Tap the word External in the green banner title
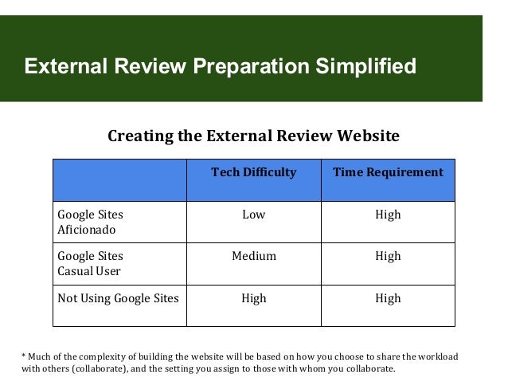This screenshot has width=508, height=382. pos(65,65)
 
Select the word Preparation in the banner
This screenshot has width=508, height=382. pos(246,65)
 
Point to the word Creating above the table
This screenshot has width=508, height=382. pos(140,136)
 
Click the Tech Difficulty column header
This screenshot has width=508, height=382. pos(253,172)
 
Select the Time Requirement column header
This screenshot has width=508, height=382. pos(388,172)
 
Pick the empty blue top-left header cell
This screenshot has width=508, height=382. pos(119,179)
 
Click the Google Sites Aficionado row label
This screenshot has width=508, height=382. pos(90,223)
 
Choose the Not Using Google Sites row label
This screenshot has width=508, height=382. pos(118,299)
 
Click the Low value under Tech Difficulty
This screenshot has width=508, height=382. pos(253,215)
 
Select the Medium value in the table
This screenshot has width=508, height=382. pos(253,257)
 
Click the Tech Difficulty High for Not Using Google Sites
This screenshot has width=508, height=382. pos(253,299)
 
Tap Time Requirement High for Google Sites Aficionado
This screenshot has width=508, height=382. pos(388,215)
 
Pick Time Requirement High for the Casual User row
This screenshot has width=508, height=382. pos(388,257)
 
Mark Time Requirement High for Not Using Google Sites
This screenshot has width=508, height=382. pos(388,299)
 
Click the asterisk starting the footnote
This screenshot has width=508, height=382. pos(23,356)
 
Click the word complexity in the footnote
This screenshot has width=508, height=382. pos(99,356)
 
